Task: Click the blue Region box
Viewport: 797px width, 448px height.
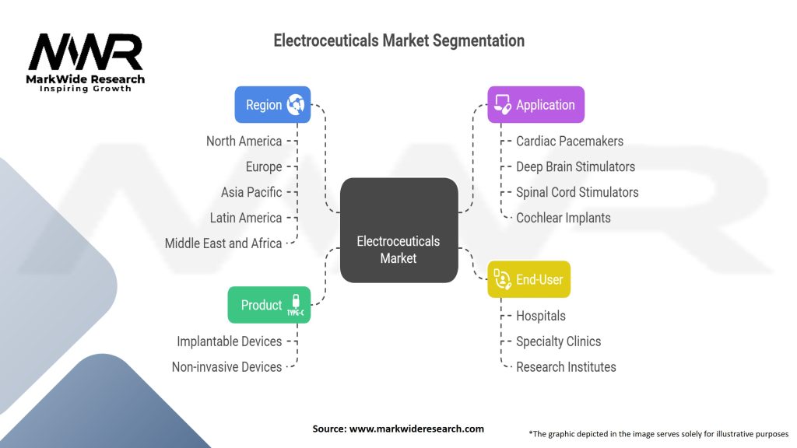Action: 272,104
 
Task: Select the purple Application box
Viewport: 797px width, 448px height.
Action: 535,104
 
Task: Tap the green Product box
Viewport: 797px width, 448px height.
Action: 269,305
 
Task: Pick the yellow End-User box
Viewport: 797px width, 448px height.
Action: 528,279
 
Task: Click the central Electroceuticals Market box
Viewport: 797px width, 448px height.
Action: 398,230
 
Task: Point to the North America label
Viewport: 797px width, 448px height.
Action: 244,141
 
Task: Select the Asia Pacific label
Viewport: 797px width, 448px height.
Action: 251,192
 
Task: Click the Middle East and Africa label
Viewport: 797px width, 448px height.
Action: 223,243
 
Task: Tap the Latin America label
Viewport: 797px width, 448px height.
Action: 246,218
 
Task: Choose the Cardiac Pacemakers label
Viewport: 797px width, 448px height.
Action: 570,141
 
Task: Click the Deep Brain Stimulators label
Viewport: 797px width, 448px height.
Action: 575,166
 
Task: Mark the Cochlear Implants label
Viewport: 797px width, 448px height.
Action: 564,218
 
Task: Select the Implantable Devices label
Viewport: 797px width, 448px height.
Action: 229,341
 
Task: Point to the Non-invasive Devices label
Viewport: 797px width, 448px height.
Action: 226,366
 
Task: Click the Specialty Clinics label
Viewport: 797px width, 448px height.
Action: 558,341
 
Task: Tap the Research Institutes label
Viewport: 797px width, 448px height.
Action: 566,366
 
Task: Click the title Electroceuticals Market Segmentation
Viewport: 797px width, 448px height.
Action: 398,40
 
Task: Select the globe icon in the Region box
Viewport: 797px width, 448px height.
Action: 296,104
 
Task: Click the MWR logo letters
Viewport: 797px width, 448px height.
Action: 86,53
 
